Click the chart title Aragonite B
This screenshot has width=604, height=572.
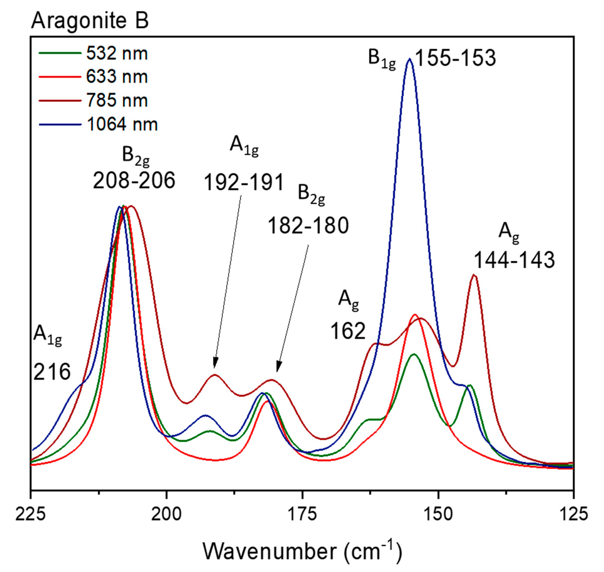coord(90,21)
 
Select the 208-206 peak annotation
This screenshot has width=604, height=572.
coord(134,181)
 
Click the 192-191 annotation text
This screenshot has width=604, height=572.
coord(244,182)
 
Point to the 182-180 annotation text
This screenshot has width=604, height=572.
coord(308,226)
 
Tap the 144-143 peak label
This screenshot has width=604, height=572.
coord(514,260)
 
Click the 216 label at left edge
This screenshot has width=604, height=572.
coord(52,372)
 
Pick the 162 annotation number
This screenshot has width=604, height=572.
coord(348,331)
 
